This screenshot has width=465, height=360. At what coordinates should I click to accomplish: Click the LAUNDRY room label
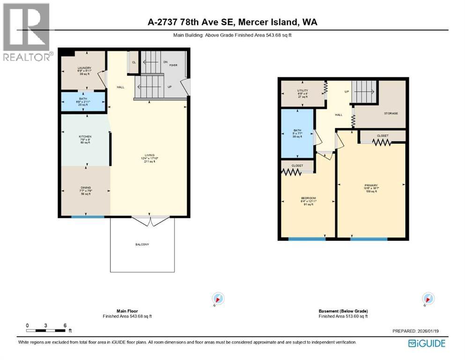(x=84, y=68)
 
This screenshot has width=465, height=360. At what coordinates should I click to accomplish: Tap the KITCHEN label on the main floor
(x=85, y=137)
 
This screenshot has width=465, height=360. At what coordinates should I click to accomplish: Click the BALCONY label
(x=148, y=245)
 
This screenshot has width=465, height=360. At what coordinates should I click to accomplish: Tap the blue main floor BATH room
(x=83, y=102)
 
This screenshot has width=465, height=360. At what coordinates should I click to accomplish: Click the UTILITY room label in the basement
(x=303, y=90)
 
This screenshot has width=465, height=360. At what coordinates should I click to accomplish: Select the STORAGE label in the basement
(x=391, y=113)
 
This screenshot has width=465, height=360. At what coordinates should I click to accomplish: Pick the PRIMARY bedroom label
(x=371, y=185)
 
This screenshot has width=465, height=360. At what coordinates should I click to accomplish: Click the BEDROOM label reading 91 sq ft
(x=308, y=198)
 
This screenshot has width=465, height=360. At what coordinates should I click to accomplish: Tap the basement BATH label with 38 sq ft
(x=297, y=131)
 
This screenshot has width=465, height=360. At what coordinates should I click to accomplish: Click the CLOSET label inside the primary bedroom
(x=383, y=136)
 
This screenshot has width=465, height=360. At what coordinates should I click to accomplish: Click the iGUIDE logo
(x=427, y=344)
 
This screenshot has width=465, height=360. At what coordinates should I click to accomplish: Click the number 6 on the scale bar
(x=65, y=325)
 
